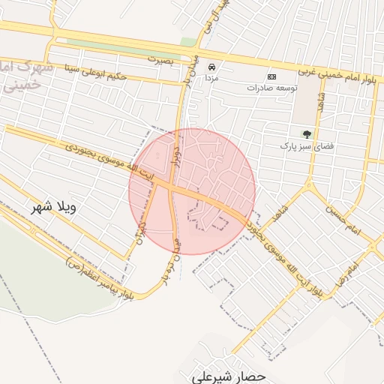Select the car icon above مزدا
click(212, 66)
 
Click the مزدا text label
click(212, 77)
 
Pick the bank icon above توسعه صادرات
click(271, 76)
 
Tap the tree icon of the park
click(306, 134)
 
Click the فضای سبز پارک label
click(297, 145)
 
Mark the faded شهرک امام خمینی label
click(26, 75)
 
